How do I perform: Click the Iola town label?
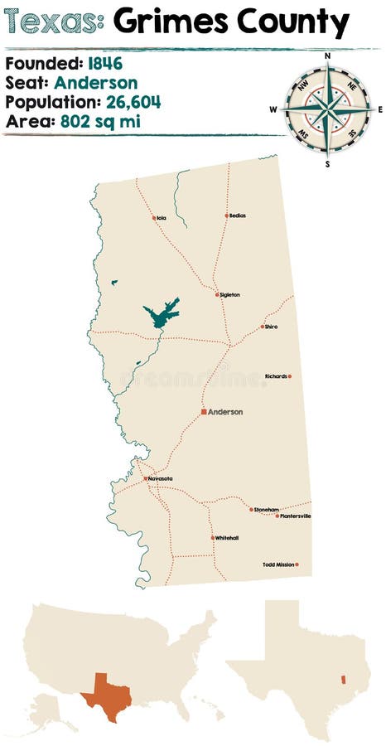tap(162, 219)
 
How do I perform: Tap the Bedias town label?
tap(238, 216)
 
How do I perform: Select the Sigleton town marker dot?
tap(217, 294)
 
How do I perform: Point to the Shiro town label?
tap(272, 327)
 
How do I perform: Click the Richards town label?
tap(276, 376)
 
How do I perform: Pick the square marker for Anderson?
tap(203, 412)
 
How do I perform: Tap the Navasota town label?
tap(160, 479)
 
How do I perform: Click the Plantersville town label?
tap(296, 516)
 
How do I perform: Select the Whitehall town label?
tap(227, 538)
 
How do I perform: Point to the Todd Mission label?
tap(278, 564)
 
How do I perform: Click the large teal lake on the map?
tap(162, 314)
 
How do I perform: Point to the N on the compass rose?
tap(328, 56)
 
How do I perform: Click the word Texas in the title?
tap(52, 24)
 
